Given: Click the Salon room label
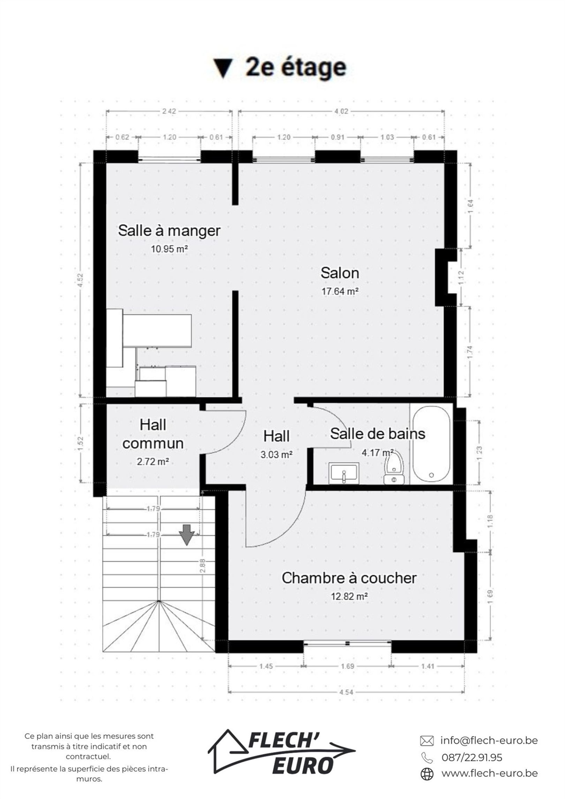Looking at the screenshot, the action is click(x=340, y=273).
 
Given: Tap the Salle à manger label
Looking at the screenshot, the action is click(x=169, y=230).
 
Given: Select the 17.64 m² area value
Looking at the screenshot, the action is click(x=340, y=291).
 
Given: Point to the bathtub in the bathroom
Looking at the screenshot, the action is click(x=431, y=445).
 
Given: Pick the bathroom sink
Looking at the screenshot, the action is click(x=344, y=474).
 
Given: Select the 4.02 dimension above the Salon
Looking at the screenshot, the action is click(x=341, y=112).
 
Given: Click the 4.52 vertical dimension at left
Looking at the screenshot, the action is click(x=81, y=281).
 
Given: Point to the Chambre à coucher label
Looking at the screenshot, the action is click(x=349, y=578).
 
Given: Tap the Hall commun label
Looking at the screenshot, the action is click(x=153, y=434).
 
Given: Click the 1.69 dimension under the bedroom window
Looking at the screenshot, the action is click(x=347, y=666).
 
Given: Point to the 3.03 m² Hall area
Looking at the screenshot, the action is click(x=277, y=455).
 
